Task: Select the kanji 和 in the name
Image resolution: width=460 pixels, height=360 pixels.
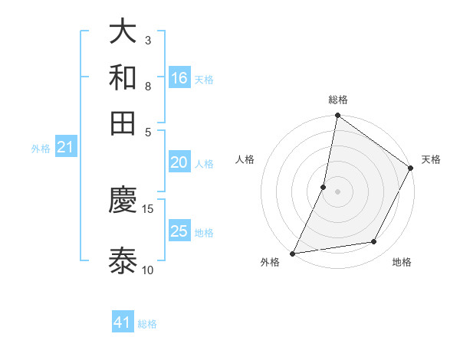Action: tap(123, 77)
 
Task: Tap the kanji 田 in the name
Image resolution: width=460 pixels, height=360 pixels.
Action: tap(123, 123)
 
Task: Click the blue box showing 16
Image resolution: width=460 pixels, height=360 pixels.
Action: tap(179, 78)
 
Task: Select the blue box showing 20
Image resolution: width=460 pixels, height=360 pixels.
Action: tap(179, 162)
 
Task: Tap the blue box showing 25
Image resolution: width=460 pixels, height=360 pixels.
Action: tap(179, 231)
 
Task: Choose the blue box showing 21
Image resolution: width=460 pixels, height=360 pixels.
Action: tap(64, 148)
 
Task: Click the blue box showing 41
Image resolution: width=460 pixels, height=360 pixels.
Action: tap(123, 322)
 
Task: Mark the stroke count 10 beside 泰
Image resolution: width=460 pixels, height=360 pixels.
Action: tap(148, 270)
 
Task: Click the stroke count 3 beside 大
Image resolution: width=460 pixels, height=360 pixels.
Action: tap(147, 40)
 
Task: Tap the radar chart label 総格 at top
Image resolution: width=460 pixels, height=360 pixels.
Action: tap(338, 100)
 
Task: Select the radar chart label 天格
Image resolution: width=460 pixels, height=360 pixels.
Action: tap(431, 159)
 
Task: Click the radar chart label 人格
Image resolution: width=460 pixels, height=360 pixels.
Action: tap(245, 159)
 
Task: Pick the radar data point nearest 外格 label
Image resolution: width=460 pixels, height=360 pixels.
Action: tap(292, 253)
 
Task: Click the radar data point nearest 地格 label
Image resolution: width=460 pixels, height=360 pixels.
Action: tap(374, 242)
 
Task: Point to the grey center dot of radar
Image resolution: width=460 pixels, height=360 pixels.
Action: tap(338, 191)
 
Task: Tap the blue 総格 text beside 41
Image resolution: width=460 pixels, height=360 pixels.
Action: tap(147, 324)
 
